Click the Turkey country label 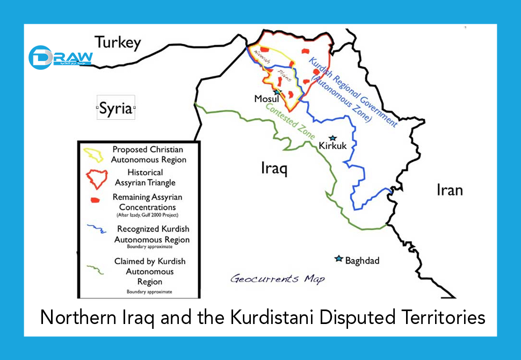pyautogui.click(x=118, y=43)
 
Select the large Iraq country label pyautogui.click(x=274, y=169)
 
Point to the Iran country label pyautogui.click(x=448, y=190)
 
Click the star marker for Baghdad pyautogui.click(x=338, y=259)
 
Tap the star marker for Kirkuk pyautogui.click(x=332, y=138)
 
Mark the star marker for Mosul pyautogui.click(x=277, y=92)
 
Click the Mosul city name pyautogui.click(x=266, y=99)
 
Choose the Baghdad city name pyautogui.click(x=362, y=261)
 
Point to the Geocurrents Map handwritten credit pyautogui.click(x=277, y=279)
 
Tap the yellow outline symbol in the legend pyautogui.click(x=94, y=155)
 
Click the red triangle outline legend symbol pyautogui.click(x=96, y=178)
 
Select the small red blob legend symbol pyautogui.click(x=96, y=200)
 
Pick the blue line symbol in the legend pyautogui.click(x=97, y=231)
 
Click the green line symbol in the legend pyautogui.click(x=97, y=267)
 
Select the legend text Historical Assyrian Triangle pyautogui.click(x=145, y=178)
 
